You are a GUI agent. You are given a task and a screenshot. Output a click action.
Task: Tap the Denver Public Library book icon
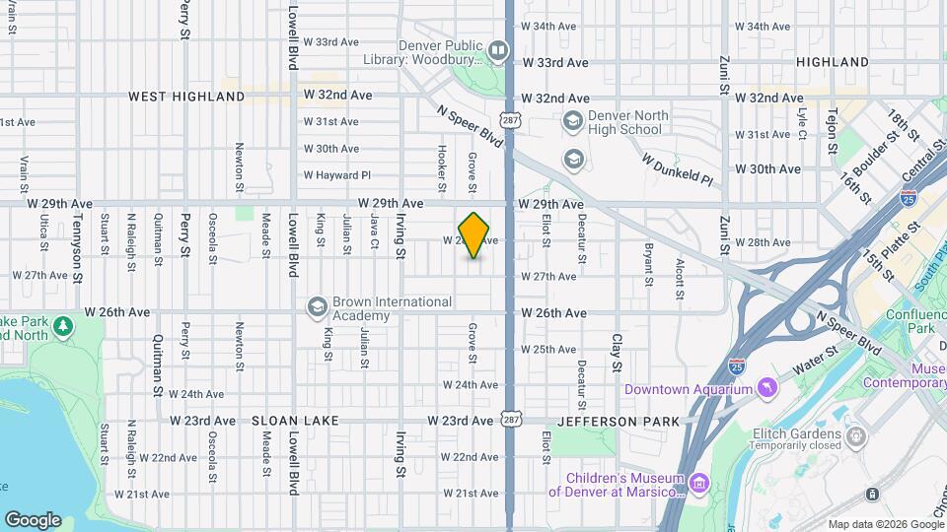(x=498, y=49)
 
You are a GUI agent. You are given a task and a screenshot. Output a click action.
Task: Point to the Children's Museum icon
(x=698, y=483)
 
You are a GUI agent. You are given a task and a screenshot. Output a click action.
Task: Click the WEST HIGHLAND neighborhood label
(x=186, y=97)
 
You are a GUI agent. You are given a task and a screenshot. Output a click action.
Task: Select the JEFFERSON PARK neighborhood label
(x=618, y=421)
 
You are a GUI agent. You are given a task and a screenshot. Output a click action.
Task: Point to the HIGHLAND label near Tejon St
(x=833, y=62)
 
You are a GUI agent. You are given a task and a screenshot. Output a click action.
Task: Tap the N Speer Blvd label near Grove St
(x=471, y=126)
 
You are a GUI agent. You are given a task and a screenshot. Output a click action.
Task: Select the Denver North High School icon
(x=572, y=121)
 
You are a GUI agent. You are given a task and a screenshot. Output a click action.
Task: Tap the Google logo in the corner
(x=32, y=520)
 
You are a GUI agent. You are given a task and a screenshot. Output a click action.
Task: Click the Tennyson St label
(x=77, y=258)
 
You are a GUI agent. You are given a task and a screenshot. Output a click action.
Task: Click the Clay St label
(x=617, y=352)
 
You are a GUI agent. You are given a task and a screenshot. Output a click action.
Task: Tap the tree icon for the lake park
(x=64, y=325)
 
